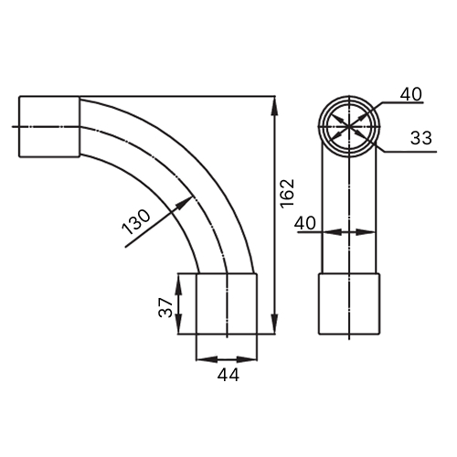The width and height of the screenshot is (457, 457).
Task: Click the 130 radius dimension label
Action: pos(136,222)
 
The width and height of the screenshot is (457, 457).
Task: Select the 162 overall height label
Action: pos(288,194)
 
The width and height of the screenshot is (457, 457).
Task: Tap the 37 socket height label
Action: pos(165,308)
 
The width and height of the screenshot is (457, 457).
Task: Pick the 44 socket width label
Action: pos(228,375)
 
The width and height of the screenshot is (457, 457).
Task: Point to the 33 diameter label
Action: pos(421,138)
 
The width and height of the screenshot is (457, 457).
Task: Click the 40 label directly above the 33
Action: pos(411,94)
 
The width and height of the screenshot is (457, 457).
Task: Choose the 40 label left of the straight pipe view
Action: pos(304,223)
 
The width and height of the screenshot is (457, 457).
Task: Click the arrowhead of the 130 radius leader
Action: pos(185,203)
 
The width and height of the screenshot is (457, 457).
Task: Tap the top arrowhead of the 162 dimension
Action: pos(275,106)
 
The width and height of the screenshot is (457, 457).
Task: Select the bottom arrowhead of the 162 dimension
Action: pos(275,324)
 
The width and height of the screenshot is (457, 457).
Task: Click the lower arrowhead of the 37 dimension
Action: pos(178,324)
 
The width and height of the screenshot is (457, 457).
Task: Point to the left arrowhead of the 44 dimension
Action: pos(207,359)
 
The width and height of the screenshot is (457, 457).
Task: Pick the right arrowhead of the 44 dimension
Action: pos(247,359)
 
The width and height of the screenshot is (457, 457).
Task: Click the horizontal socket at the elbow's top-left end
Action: pos(49,127)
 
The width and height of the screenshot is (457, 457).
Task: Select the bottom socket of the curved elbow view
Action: pos(227,303)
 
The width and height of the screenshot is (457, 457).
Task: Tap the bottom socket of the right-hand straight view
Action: pos(349,303)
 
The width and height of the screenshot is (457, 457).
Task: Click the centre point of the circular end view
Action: pos(349,126)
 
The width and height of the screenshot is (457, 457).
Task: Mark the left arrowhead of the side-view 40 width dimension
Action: pos(332,232)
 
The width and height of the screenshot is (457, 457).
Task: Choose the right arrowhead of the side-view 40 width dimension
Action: pos(366,232)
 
